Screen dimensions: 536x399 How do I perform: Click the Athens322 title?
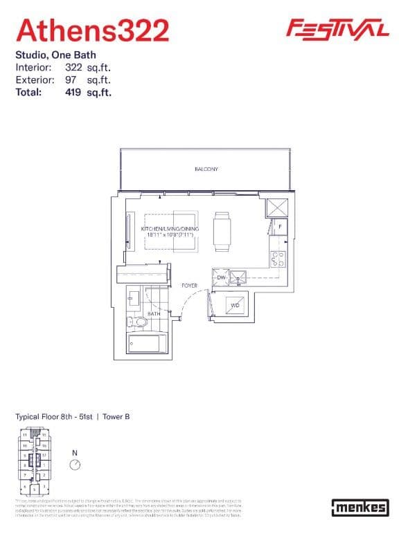(x=92, y=30)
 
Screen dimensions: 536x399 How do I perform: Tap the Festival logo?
(x=337, y=28)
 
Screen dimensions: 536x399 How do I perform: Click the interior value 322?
(x=73, y=68)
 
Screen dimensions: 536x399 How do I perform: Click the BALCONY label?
(x=206, y=169)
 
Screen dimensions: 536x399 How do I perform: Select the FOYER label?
(x=189, y=285)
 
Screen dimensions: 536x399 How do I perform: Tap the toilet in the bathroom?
(x=139, y=321)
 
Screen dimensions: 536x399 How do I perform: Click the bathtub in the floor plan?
(x=147, y=343)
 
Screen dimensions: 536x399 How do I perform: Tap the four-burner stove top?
(x=278, y=259)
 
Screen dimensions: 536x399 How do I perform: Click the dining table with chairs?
(x=222, y=232)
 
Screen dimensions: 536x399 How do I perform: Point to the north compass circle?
(x=75, y=465)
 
